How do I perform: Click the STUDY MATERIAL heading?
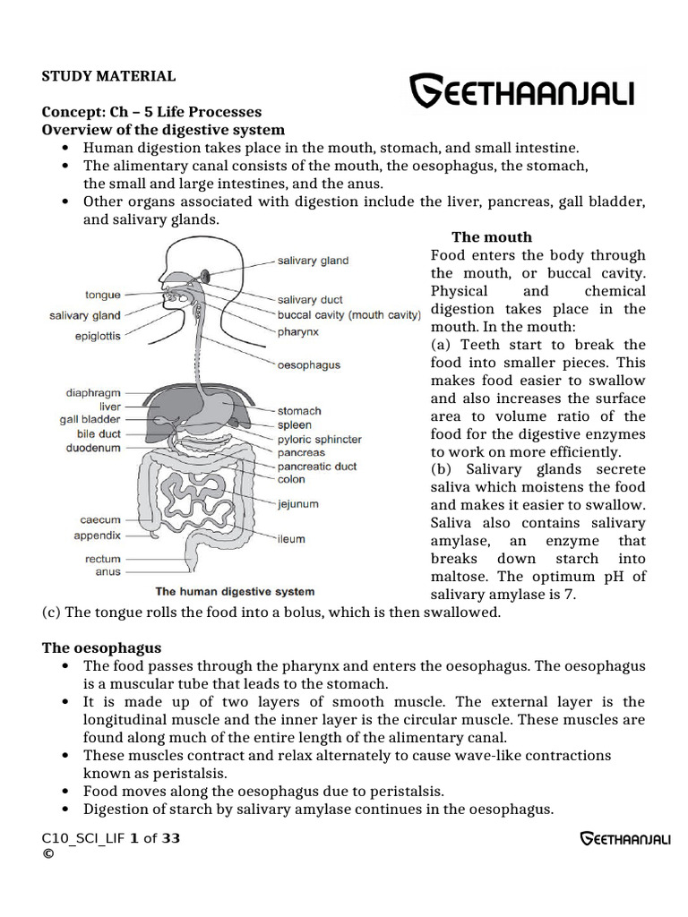(108, 76)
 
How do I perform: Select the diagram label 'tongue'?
(102, 294)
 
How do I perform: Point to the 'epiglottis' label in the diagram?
(98, 337)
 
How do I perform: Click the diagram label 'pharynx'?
(298, 331)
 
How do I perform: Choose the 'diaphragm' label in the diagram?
(93, 393)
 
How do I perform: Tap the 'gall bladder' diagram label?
(90, 419)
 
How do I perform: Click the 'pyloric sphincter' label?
(320, 440)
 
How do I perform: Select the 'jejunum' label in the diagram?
(298, 504)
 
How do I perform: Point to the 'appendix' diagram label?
(98, 536)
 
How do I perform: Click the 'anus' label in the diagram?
(107, 571)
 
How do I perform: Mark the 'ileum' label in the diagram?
(291, 539)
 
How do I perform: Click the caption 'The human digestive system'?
(236, 592)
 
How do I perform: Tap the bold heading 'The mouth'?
(492, 237)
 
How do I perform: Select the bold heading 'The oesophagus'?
(102, 647)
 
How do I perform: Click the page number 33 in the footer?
(171, 838)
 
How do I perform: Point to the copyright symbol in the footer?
(47, 853)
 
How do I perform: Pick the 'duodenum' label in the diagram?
(93, 447)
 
